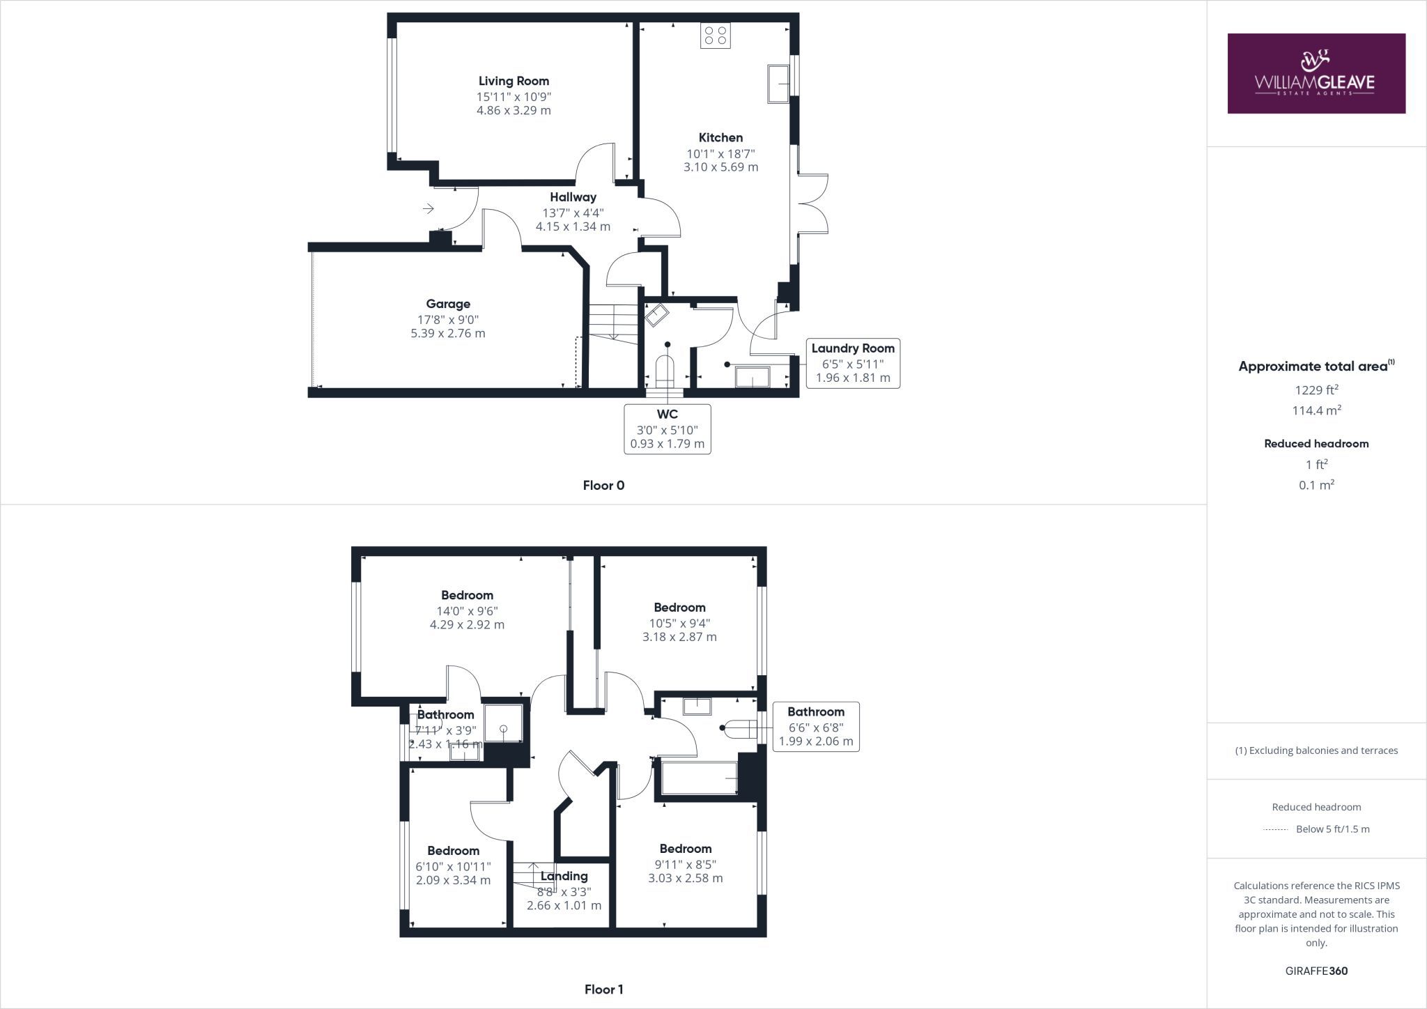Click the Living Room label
pos(514,81)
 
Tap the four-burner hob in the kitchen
pos(716,36)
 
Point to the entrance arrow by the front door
pos(428,208)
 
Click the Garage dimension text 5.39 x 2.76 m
pos(448,333)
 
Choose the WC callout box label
pos(668,414)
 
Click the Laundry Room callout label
pos(853,348)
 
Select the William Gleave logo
pos(1316,73)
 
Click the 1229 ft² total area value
pos(1316,390)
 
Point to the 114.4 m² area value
pos(1316,410)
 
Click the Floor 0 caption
pos(603,486)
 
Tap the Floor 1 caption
pos(603,989)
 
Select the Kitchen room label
pos(720,137)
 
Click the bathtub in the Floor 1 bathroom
pos(699,778)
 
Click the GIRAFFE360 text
pos(1316,971)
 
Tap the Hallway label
pos(573,197)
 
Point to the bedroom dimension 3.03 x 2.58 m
pos(686,878)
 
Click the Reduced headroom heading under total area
pos(1316,443)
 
